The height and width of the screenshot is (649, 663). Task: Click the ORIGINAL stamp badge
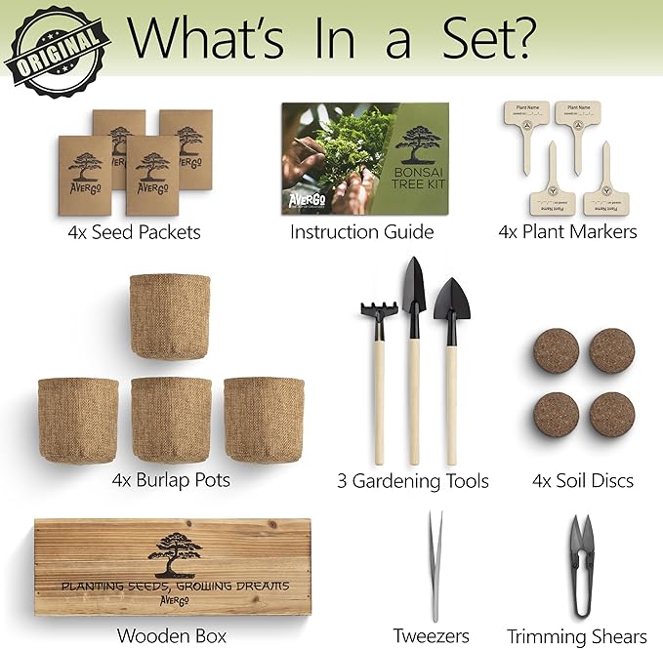tap(57, 46)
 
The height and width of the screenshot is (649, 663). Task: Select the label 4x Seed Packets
tap(134, 232)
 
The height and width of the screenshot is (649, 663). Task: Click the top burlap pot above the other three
tap(169, 316)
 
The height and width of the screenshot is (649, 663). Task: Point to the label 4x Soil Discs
tap(583, 481)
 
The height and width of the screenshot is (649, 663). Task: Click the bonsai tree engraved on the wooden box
tap(175, 551)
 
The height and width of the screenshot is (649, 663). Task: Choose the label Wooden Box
tap(172, 635)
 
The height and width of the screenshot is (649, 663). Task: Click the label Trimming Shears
tap(576, 635)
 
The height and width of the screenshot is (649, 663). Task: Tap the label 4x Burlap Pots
tap(172, 481)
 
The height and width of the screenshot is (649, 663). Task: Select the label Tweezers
tap(432, 635)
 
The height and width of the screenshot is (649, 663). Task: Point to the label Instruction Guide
tap(362, 232)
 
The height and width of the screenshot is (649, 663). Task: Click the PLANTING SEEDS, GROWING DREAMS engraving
tap(175, 587)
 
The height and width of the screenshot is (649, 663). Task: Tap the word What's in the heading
tap(207, 37)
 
